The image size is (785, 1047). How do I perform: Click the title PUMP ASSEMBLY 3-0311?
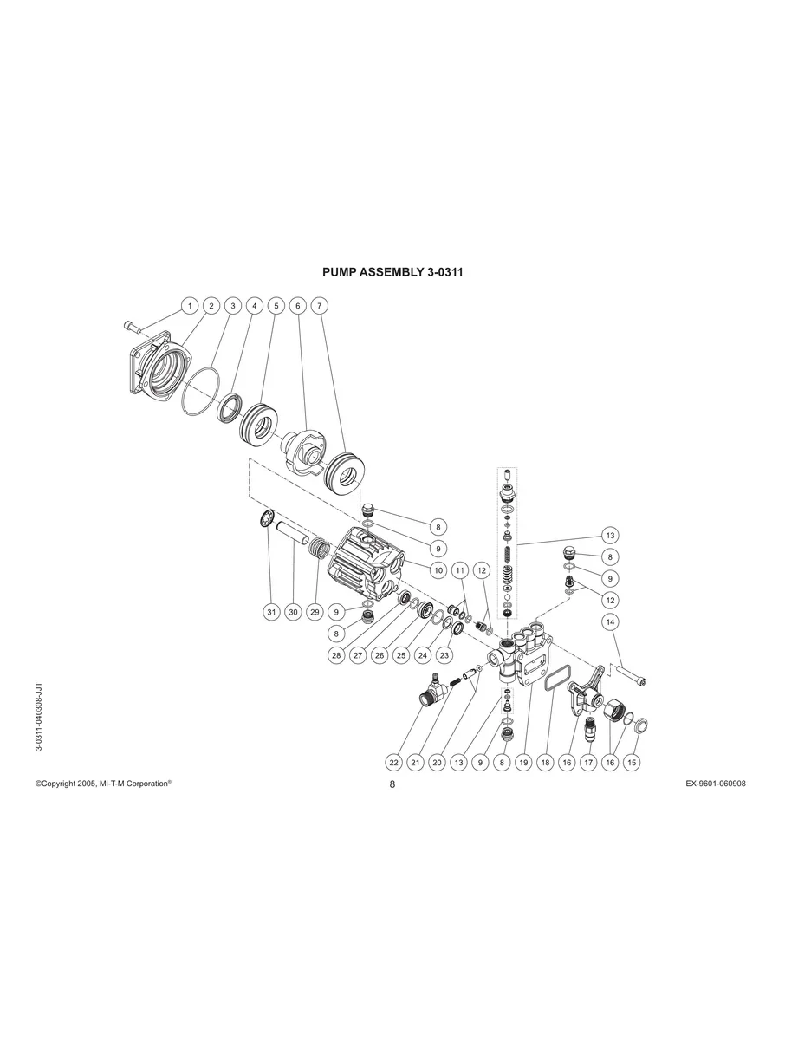[x=392, y=271]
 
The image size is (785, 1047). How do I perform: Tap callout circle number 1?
[x=190, y=306]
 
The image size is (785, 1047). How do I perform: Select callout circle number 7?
[x=320, y=306]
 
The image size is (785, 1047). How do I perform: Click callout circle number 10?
[x=438, y=569]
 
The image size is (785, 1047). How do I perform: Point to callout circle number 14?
[x=610, y=622]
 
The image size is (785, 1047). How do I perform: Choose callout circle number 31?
[x=271, y=612]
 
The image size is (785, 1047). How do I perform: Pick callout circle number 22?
[x=394, y=762]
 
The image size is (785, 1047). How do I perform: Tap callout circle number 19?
[x=523, y=762]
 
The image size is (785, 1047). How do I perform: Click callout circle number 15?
[x=632, y=762]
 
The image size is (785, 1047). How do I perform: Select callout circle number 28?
[x=336, y=655]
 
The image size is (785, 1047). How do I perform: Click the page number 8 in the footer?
[x=392, y=784]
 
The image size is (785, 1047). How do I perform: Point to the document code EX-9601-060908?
[x=716, y=783]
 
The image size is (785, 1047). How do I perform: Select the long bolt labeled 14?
[x=631, y=673]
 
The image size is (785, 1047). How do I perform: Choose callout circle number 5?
[x=276, y=306]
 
